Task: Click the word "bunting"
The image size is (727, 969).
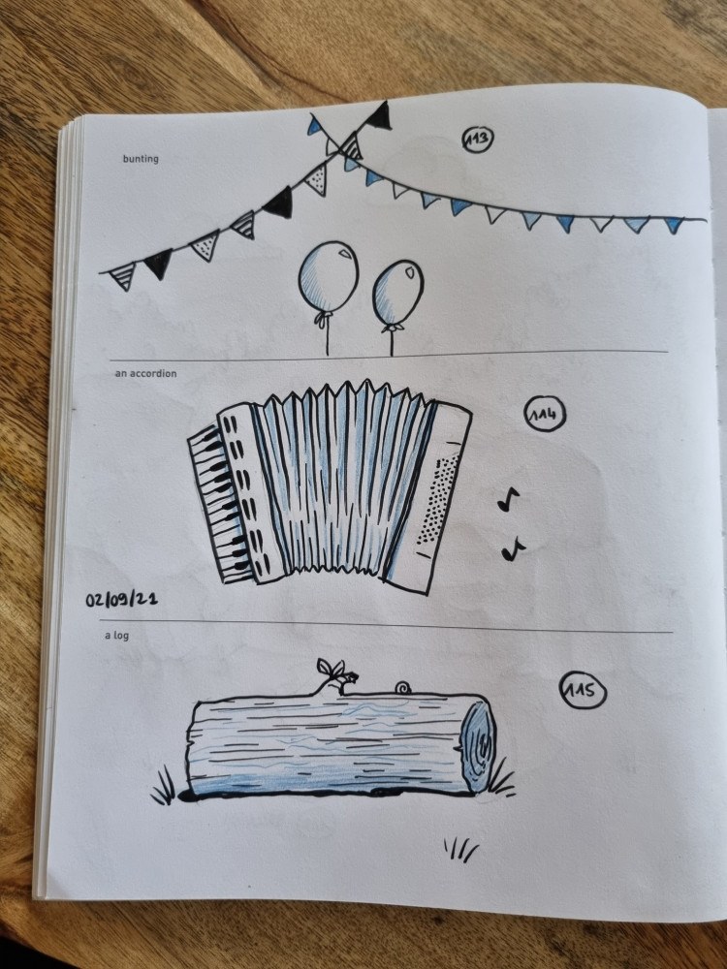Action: click(x=141, y=159)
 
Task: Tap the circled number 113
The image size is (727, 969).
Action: click(x=478, y=139)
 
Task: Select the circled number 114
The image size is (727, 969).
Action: click(x=545, y=414)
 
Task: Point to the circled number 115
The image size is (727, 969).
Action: click(x=583, y=690)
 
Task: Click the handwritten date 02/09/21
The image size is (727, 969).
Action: click(x=121, y=599)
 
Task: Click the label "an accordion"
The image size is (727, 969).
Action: click(x=145, y=373)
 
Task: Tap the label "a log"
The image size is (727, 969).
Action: click(x=117, y=635)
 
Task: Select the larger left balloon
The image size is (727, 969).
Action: click(x=329, y=277)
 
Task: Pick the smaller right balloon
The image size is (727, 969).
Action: click(x=398, y=293)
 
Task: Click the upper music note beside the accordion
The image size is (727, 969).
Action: click(x=509, y=499)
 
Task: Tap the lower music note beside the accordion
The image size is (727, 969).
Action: click(x=513, y=548)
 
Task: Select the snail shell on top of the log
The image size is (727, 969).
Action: click(x=403, y=688)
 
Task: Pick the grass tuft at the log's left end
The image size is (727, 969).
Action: click(x=164, y=788)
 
